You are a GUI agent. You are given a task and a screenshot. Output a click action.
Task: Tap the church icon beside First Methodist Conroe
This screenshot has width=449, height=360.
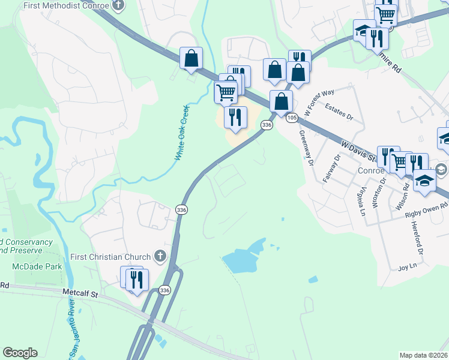[x=118, y=5]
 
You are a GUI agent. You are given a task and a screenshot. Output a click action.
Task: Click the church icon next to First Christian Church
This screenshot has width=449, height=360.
[x=160, y=257]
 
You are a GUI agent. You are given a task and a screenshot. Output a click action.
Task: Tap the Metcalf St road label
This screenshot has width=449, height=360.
[x=80, y=294]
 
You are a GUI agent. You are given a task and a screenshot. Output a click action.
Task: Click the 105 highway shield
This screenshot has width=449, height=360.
[x=292, y=118]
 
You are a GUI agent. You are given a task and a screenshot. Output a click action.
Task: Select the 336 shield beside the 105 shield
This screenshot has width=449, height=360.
[x=267, y=124]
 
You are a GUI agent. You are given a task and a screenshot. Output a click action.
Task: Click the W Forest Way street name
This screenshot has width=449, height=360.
[x=319, y=102]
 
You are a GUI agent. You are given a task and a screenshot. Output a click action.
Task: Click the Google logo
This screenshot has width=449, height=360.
[x=20, y=353]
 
